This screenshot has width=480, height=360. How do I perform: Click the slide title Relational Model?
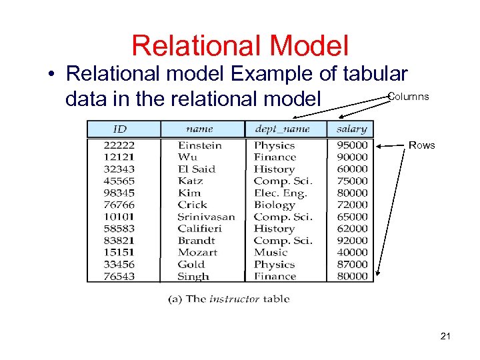point(239,46)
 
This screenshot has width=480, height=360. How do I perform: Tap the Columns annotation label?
point(408,97)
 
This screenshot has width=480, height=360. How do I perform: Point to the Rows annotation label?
point(421,145)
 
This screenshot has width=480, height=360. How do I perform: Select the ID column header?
point(119,129)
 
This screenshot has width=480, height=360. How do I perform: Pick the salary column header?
point(351,129)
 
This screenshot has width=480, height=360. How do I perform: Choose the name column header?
point(199,129)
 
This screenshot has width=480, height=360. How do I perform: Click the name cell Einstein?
point(200,145)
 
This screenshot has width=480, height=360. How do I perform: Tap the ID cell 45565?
point(119,181)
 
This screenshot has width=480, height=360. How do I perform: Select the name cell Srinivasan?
point(206,217)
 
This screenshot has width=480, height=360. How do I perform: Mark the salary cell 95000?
point(351,145)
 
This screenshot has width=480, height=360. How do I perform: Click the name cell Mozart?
point(197,253)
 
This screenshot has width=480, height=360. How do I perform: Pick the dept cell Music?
point(270,253)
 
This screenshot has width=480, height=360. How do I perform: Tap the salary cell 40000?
point(351,253)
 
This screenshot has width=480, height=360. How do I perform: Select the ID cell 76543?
point(119,276)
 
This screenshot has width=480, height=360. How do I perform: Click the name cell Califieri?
point(199,229)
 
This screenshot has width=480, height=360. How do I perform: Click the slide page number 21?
point(445,337)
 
